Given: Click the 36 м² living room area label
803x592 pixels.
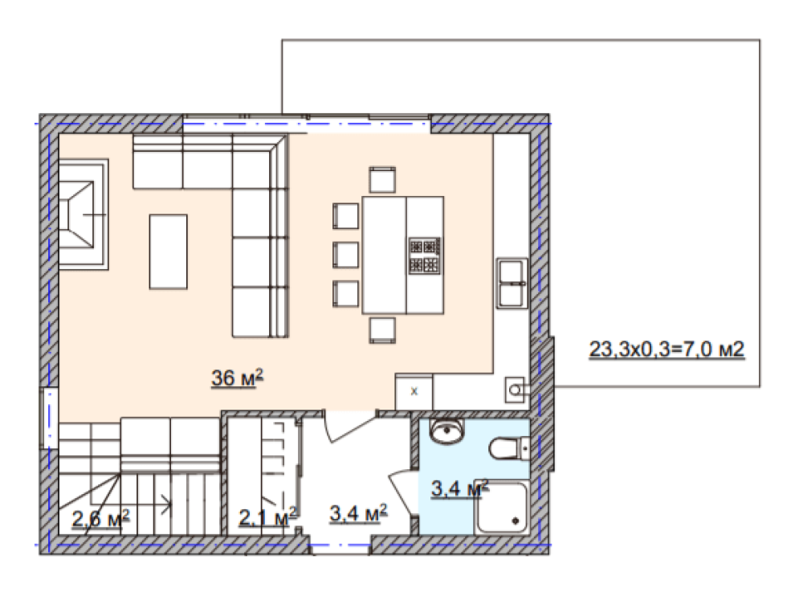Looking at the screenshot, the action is pos(237,378).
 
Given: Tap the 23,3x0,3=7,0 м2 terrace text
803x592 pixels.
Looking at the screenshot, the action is pos(666,349).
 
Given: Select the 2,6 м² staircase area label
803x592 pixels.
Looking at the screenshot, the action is pos(100,518).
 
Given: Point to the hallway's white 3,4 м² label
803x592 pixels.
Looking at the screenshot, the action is pos(358,513).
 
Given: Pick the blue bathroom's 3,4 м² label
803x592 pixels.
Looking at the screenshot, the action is pos(459,488).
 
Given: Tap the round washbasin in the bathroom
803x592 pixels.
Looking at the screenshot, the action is pos(447,431).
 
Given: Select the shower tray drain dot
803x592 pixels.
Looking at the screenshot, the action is pos(516,521).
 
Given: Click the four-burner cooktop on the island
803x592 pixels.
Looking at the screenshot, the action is pos(424,255).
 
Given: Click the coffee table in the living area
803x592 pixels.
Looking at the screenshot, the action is pos(168,252).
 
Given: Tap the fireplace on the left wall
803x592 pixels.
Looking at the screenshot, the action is pos(83,214).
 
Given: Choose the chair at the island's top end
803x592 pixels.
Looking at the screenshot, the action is pos(382,179).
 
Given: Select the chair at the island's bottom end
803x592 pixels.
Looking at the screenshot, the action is pos(382,330).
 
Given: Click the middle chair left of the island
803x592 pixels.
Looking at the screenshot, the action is pos(345,255).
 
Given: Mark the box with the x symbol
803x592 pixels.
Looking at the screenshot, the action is pos(414,392).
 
